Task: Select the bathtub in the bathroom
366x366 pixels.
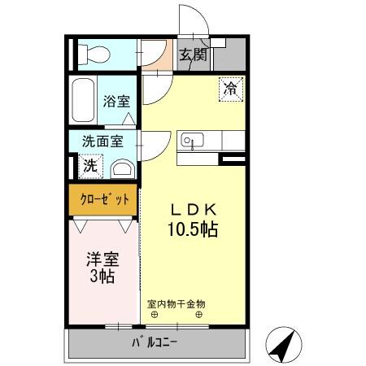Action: pyautogui.click(x=82, y=101)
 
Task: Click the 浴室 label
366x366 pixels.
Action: pyautogui.click(x=116, y=102)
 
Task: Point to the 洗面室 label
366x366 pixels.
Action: pyautogui.click(x=102, y=142)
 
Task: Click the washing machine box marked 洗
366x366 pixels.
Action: pyautogui.click(x=89, y=164)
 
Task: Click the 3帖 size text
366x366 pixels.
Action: pyautogui.click(x=102, y=277)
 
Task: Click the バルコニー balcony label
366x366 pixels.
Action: pyautogui.click(x=155, y=342)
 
